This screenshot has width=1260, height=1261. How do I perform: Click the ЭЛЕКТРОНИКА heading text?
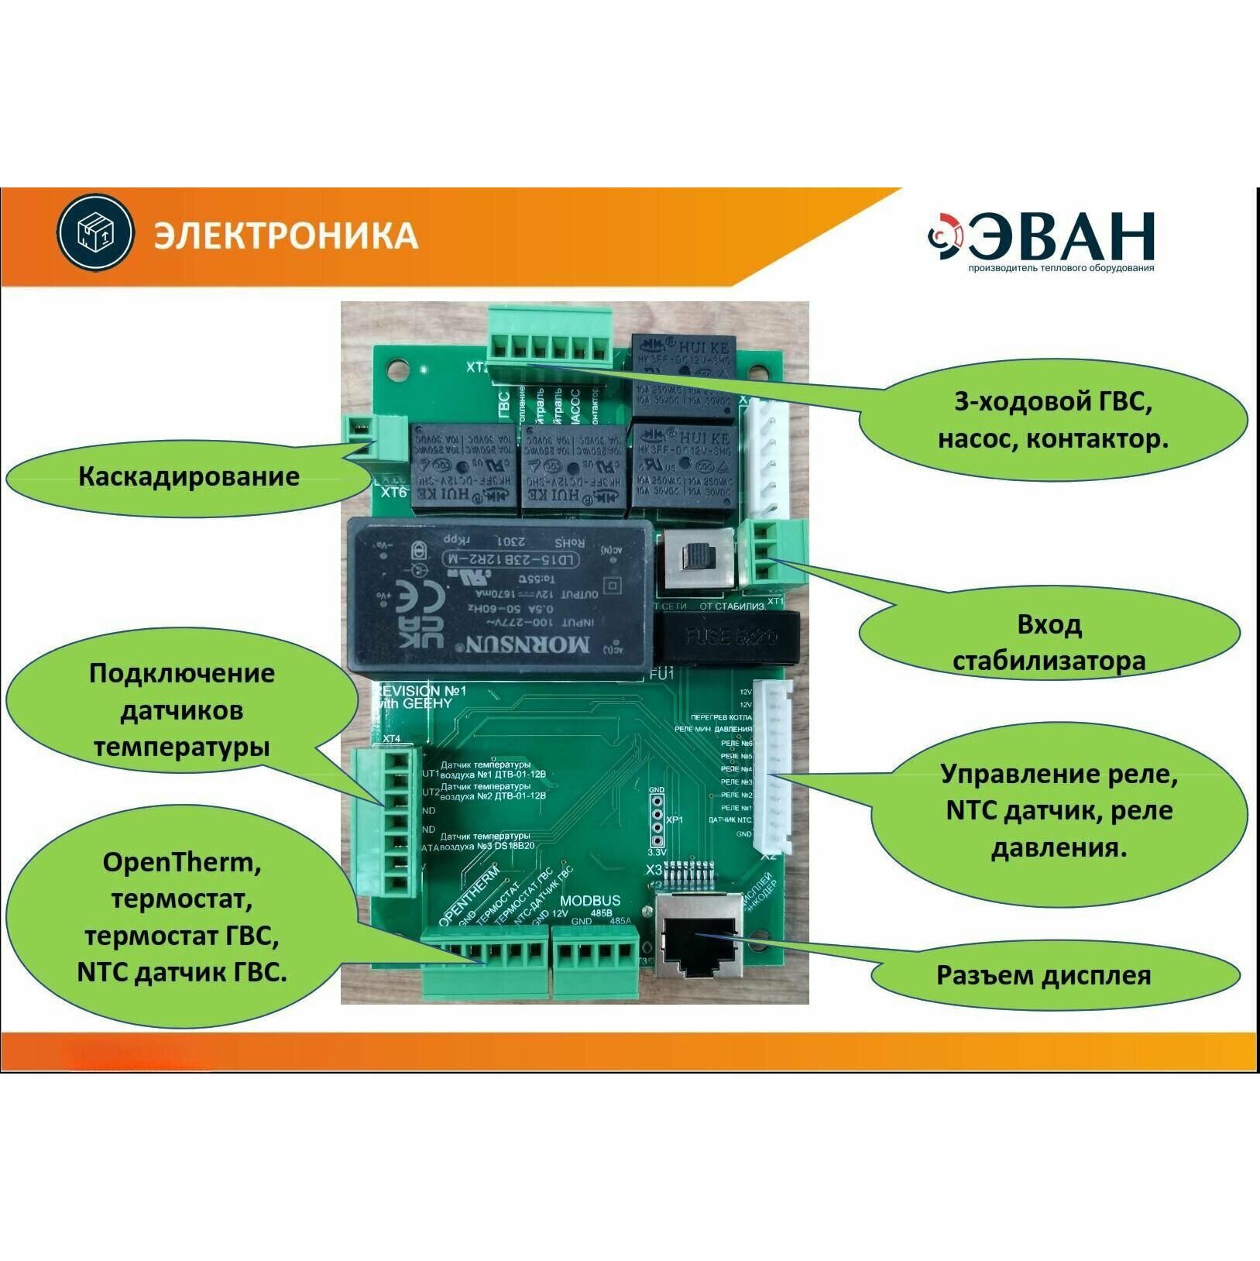coord(285,235)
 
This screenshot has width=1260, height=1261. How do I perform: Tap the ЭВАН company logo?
coord(1042,241)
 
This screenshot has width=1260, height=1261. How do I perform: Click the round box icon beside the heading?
coord(95,232)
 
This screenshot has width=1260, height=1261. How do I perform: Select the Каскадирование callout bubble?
coord(188,476)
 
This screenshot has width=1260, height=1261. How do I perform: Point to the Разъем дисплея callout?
coord(1043,974)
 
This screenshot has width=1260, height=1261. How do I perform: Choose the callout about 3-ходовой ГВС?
coord(1052,421)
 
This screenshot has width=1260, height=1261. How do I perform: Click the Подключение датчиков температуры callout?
coord(181,710)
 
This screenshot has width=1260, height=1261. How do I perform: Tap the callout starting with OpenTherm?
coord(181,917)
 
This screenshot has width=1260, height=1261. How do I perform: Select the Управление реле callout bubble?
coord(1059,810)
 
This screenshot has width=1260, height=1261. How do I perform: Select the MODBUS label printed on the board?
coord(590,900)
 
